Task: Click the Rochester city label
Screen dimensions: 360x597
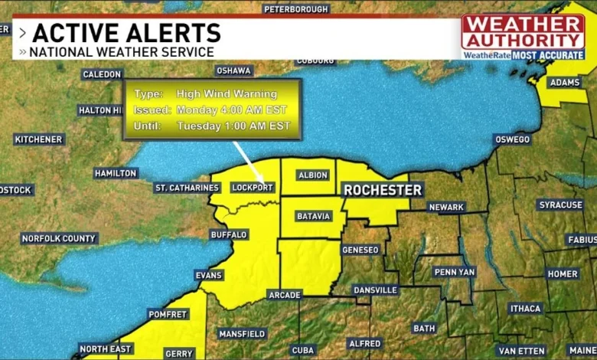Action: coord(383,189)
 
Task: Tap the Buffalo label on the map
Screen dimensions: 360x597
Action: coord(229,234)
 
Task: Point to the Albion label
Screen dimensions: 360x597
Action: coord(313,175)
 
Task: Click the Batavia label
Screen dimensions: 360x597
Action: coord(313,216)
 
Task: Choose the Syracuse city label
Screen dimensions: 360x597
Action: coord(560,205)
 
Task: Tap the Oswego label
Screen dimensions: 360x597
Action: coord(512,139)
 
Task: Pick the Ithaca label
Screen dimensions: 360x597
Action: coord(525,308)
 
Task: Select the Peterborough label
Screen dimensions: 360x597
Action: coord(296,9)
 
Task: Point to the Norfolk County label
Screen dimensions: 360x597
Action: coord(59,238)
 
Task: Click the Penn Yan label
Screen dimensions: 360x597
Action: coord(455,272)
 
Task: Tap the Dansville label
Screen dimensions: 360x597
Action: coord(375,290)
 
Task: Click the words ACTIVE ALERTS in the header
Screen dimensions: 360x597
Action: coord(126,33)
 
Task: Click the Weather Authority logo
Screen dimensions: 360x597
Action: coord(523,31)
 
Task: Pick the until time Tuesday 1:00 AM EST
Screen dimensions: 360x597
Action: coord(233,126)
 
